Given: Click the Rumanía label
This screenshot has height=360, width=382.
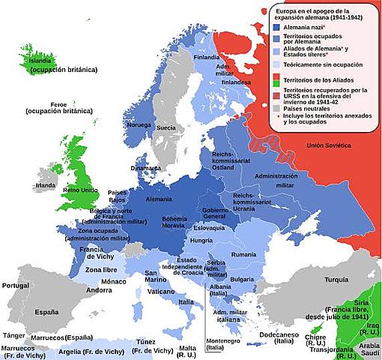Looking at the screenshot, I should (244, 255).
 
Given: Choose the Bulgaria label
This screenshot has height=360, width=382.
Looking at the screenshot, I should (241, 280).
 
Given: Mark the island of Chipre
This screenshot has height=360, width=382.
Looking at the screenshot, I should (319, 329).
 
